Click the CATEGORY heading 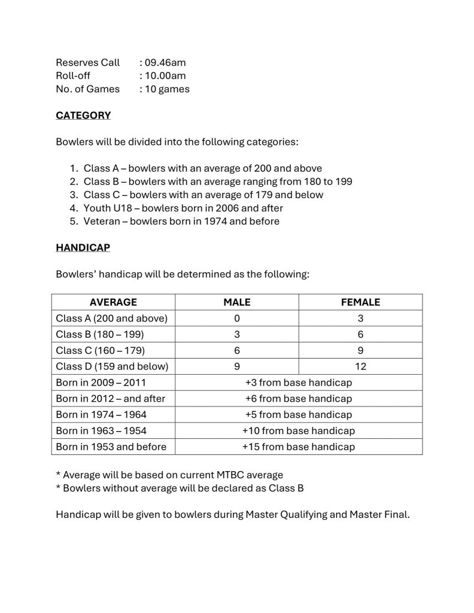tap(83, 116)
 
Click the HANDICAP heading tap(83, 247)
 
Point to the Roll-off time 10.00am tap(162, 75)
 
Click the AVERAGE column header tap(113, 302)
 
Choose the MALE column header tap(237, 302)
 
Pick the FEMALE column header tap(360, 302)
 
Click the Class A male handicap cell tap(237, 318)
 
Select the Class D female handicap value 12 tap(360, 366)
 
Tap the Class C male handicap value tap(237, 350)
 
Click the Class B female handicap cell tap(360, 335)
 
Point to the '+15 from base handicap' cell tap(299, 447)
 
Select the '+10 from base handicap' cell tap(299, 430)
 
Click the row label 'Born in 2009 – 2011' tap(101, 383)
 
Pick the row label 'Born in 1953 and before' tap(111, 447)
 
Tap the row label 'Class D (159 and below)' tap(112, 366)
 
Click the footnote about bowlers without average tap(180, 488)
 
